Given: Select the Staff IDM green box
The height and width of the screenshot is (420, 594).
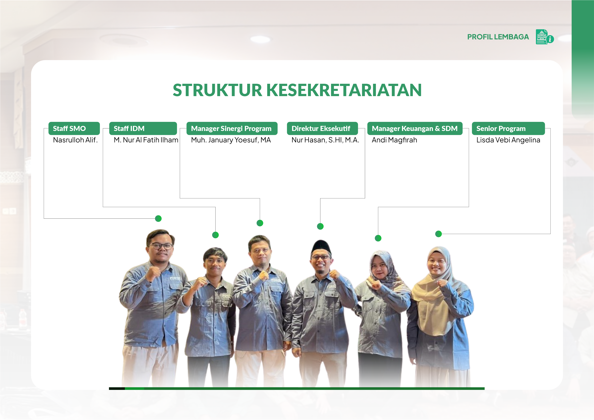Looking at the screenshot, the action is tap(143, 129).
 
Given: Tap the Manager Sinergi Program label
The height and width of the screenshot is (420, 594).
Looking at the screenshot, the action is tap(232, 129).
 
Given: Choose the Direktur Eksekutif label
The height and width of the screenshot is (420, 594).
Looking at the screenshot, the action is tap(322, 129).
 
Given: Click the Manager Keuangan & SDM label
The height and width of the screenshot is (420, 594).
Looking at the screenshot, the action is tap(415, 129).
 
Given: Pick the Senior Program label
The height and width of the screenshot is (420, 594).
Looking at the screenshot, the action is tap(508, 129).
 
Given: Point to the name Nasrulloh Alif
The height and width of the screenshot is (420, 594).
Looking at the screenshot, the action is tap(75, 140).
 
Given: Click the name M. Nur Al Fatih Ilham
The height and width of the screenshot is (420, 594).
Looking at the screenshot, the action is tap(146, 140).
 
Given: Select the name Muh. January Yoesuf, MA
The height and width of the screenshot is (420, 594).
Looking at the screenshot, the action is tap(231, 140).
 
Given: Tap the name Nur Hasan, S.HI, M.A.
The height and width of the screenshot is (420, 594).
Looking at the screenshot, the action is tap(325, 140).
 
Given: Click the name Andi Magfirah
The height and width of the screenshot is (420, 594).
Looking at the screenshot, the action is tap(394, 140).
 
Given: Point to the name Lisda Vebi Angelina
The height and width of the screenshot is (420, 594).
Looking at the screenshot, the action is tap(508, 140).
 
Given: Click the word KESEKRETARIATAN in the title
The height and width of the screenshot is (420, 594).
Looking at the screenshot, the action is tap(344, 90).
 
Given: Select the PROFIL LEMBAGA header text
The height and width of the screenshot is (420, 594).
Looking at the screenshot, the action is tap(498, 37).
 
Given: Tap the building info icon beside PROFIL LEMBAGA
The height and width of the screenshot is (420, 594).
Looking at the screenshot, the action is tap(545, 37).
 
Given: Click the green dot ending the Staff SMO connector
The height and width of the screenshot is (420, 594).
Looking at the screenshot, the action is tap(158, 218).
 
